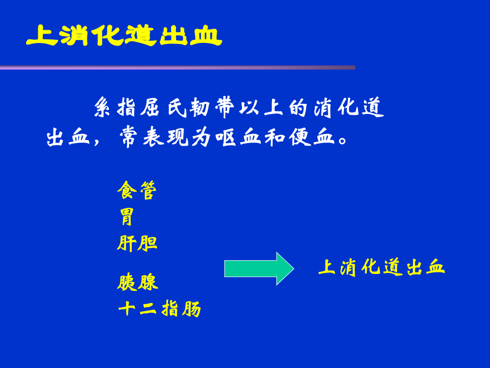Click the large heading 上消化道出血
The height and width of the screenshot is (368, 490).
[124, 36]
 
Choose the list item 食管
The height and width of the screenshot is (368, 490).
[136, 191]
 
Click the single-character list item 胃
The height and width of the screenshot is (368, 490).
[126, 217]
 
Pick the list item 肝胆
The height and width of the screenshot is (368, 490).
[137, 243]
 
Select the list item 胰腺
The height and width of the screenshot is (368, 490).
[137, 283]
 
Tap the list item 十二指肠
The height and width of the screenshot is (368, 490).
[159, 309]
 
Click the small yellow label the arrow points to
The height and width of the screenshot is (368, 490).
[381, 267]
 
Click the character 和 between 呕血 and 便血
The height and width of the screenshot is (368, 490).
[275, 137]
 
